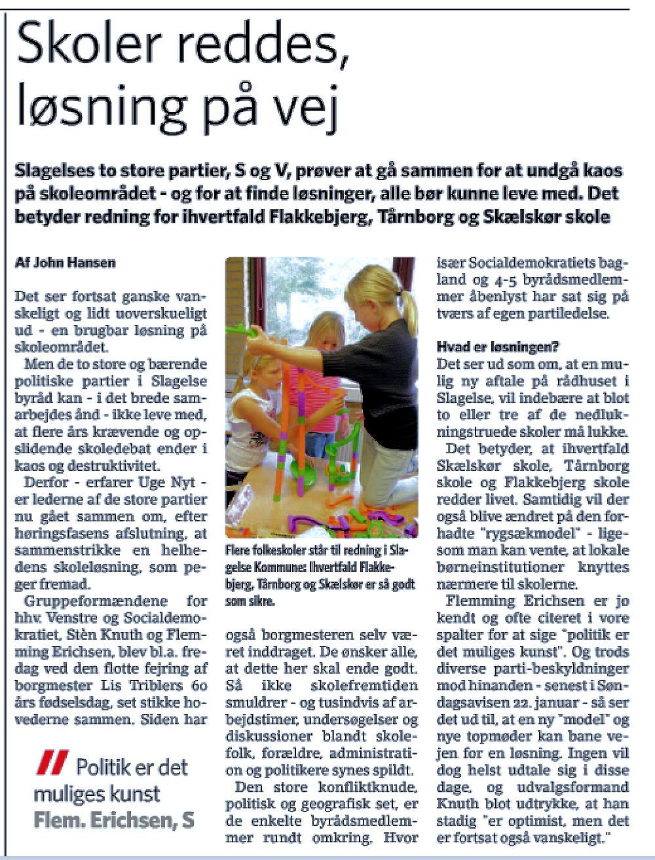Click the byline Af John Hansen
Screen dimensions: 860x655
[x=65, y=263]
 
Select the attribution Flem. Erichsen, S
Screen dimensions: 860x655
[x=114, y=820]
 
